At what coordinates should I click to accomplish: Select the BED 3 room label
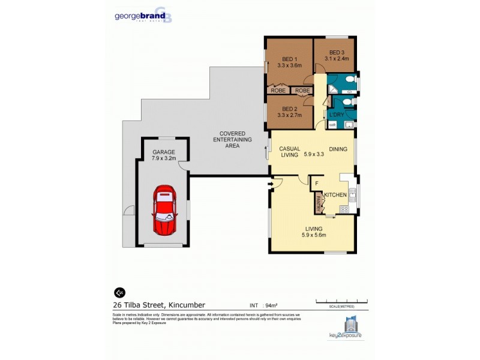coord(334,55)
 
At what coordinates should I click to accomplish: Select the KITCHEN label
coord(337,195)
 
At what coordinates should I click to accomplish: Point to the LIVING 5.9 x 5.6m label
coord(314,232)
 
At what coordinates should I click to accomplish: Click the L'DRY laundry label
coord(335,114)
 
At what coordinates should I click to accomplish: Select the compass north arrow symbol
coord(119,292)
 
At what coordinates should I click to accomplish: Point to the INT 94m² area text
coord(265,305)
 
